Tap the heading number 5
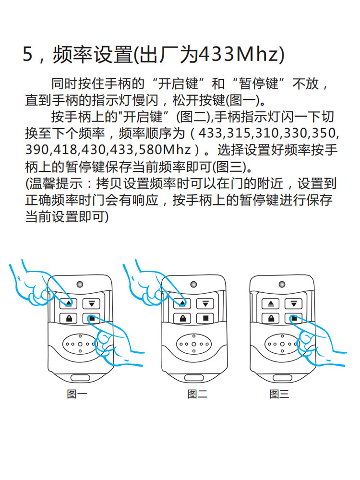point(28,55)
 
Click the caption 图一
point(76,395)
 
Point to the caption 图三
point(279,395)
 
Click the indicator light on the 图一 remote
point(80,284)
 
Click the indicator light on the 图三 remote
point(282,284)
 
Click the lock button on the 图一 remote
point(69,318)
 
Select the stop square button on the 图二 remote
point(205,318)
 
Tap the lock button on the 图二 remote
point(183,318)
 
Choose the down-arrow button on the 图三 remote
point(293,303)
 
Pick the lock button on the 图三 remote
point(271,318)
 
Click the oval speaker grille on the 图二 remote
point(193,344)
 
